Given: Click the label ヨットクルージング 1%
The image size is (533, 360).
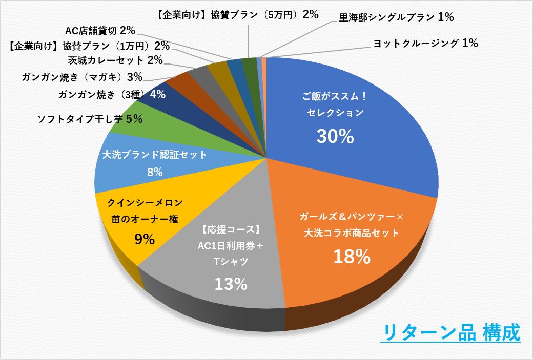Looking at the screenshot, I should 425,44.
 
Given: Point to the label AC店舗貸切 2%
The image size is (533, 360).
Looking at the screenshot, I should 100,31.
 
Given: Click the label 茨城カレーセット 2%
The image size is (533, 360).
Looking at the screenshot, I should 115,60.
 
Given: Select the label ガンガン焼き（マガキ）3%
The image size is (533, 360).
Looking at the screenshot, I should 82,77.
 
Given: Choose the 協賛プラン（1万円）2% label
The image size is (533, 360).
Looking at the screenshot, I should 90,46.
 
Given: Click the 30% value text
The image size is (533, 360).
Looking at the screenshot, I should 335,136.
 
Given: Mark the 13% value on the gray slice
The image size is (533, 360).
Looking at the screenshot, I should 231,284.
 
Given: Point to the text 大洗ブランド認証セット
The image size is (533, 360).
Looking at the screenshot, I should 155,155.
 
